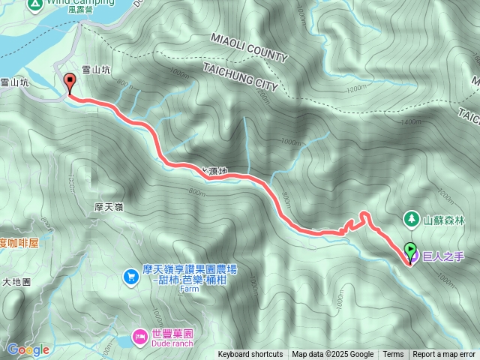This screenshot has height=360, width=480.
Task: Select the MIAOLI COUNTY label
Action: [x=249, y=46]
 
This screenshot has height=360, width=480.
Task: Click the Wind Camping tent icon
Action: [x=34, y=4]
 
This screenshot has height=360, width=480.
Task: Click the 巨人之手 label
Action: [x=443, y=256]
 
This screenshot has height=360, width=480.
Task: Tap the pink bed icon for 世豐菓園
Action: [x=139, y=337]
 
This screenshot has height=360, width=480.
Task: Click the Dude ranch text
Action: [x=172, y=343]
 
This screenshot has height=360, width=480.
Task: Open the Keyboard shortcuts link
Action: [x=250, y=355]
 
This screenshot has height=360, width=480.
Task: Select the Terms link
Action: [x=393, y=355]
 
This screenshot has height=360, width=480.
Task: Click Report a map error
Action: [x=444, y=355]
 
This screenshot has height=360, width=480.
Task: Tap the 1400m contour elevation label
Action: [x=412, y=122]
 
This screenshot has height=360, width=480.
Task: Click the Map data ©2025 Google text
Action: [x=332, y=355]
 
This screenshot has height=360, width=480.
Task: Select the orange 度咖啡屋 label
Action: [x=19, y=243]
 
